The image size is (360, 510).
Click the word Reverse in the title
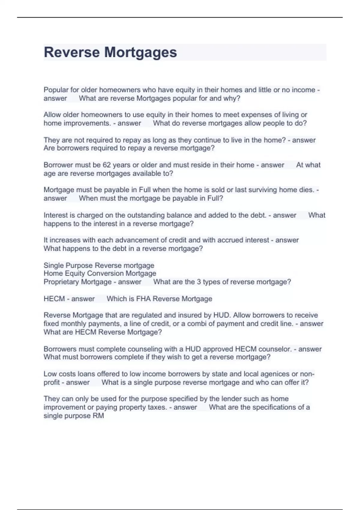pyautogui.click(x=72, y=52)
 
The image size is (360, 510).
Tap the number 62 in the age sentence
pyautogui.click(x=107, y=165)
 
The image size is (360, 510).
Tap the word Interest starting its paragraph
pyautogui.click(x=55, y=215)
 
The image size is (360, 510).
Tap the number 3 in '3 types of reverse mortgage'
pyautogui.click(x=199, y=282)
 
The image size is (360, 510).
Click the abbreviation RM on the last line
pyautogui.click(x=99, y=416)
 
